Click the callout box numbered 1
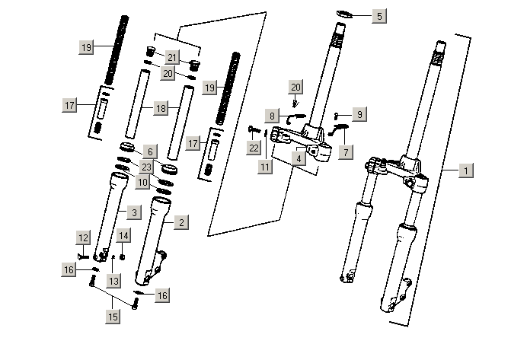tap(466, 171)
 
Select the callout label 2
tap(180, 222)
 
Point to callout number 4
tap(301, 158)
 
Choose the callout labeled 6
tap(149, 151)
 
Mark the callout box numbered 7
tap(347, 151)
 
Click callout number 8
tap(272, 116)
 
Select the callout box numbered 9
tap(359, 113)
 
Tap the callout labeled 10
tap(142, 182)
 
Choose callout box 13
tap(113, 281)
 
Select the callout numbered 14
tap(123, 236)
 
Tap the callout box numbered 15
tap(113, 315)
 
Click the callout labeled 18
tap(160, 109)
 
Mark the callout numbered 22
tap(254, 146)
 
